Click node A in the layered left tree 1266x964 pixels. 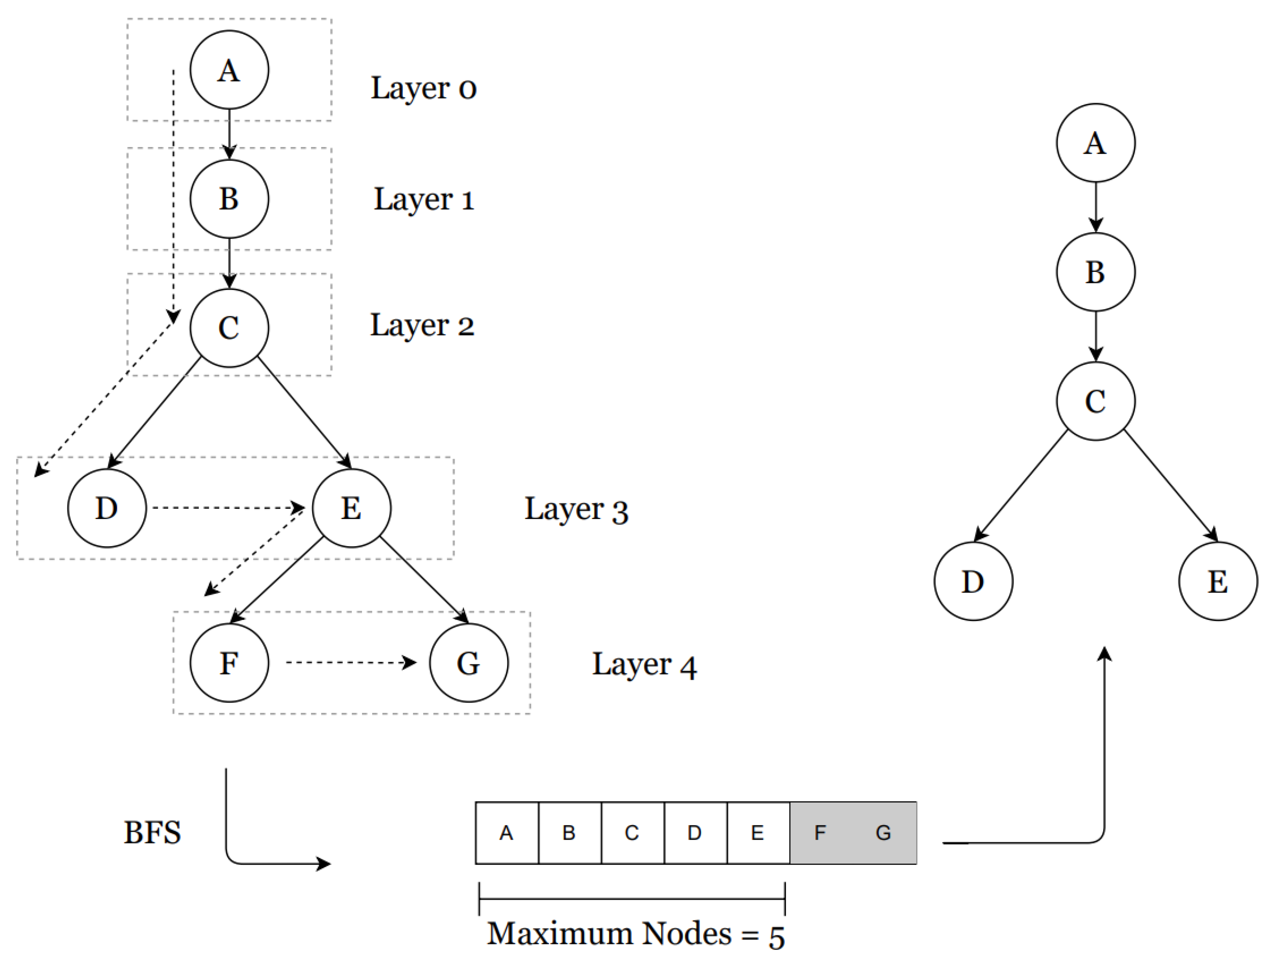(x=229, y=70)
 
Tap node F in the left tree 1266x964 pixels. (x=229, y=663)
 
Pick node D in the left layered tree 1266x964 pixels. (x=107, y=508)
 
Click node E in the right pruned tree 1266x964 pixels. (x=1217, y=581)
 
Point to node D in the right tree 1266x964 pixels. (x=973, y=581)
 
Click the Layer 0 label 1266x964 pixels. (x=423, y=88)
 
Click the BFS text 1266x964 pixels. (x=152, y=833)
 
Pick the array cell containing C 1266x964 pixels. (x=632, y=833)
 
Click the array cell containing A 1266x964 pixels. (x=506, y=833)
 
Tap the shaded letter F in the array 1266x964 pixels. (x=820, y=833)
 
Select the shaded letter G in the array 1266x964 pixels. (x=883, y=833)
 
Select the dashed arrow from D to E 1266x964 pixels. (x=228, y=508)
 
